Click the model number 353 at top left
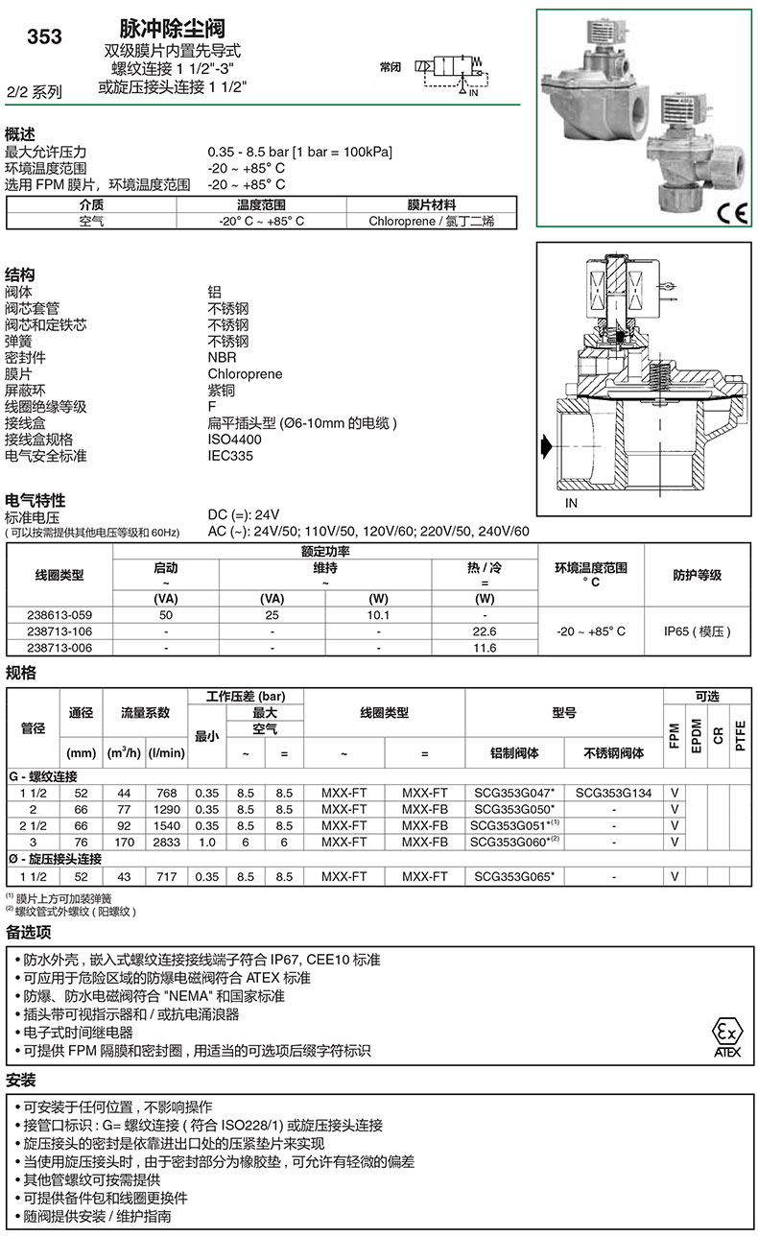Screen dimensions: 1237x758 pos(44,36)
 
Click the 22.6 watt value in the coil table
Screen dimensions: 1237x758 pos(485,631)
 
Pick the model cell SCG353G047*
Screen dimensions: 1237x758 pos(514,794)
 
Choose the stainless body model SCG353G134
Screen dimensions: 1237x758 pos(613,794)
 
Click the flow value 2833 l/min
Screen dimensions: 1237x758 pos(166,842)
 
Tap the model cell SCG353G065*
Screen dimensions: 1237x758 pos(514,876)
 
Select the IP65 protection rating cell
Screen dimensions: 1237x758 pos(698,631)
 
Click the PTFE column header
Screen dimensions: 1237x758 pos(739,735)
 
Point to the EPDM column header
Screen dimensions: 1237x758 pos(697,735)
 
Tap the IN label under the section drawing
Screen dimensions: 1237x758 pos(571,503)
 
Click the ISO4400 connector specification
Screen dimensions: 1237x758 pos(234,440)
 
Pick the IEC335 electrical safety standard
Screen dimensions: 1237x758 pos(230,456)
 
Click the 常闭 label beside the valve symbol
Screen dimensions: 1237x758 pos(390,67)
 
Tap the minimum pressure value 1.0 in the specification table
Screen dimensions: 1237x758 pos(206,842)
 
